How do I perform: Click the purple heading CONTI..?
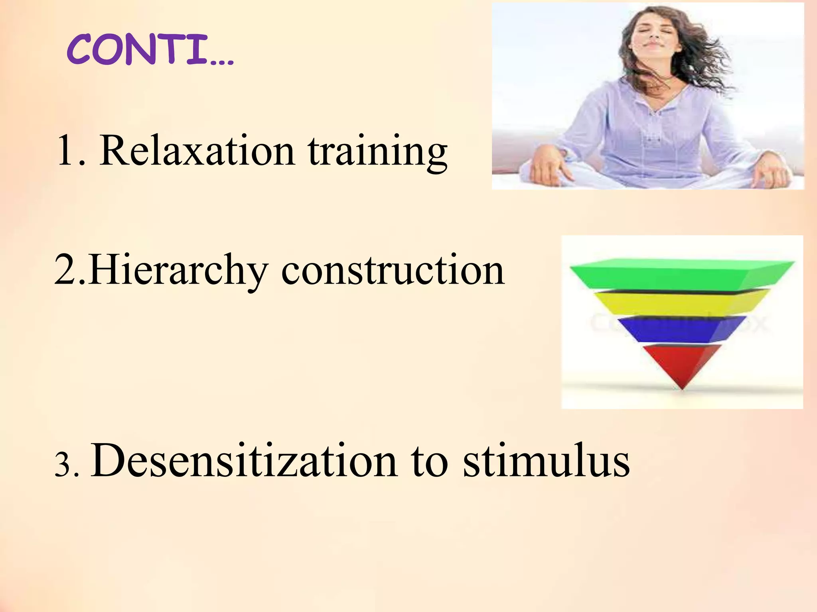tap(138, 50)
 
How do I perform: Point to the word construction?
tap(393, 271)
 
